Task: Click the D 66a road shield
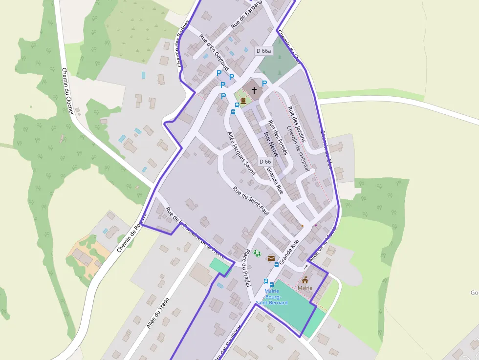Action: [263, 51]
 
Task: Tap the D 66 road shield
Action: [265, 162]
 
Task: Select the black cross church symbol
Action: [254, 90]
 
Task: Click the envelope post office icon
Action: [271, 258]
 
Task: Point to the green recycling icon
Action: [257, 254]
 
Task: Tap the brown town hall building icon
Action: [305, 280]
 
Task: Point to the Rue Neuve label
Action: [271, 144]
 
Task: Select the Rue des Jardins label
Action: [296, 124]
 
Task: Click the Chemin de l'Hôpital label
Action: [298, 148]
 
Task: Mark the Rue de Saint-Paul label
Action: [251, 201]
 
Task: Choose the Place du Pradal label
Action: [247, 268]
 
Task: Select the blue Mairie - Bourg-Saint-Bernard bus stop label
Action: [272, 296]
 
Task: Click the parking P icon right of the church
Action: [264, 84]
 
